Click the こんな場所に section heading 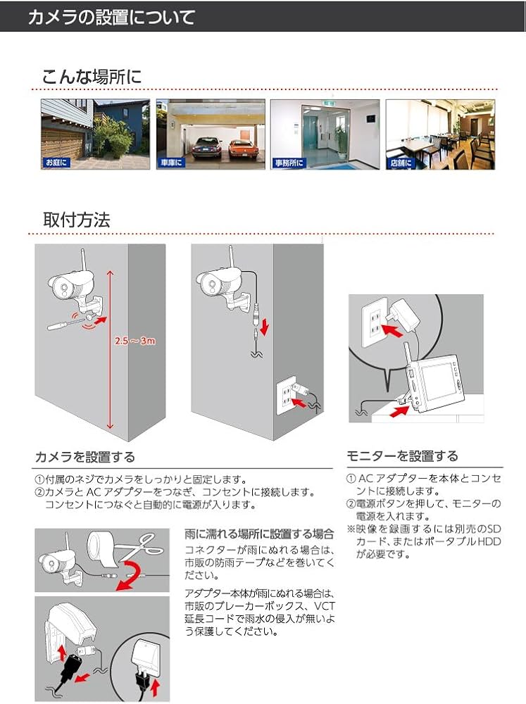[92, 76]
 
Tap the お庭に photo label [56, 163]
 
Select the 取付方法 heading [76, 219]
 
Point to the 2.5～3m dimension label [134, 341]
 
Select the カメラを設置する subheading [84, 458]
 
